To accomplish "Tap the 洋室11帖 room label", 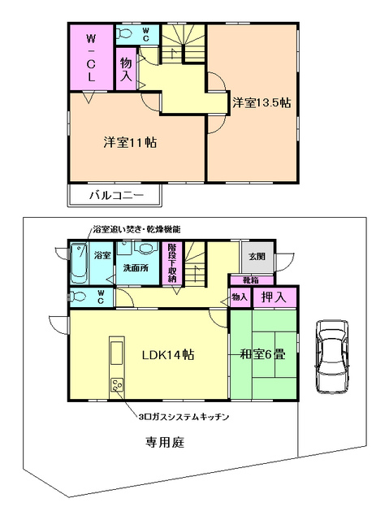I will pyautogui.click(x=130, y=141).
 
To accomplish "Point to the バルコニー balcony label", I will pyautogui.click(x=116, y=196).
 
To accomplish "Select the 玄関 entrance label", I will pyautogui.click(x=257, y=258).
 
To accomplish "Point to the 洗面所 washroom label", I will pyautogui.click(x=134, y=266).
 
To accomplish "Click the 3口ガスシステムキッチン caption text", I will pyautogui.click(x=184, y=416).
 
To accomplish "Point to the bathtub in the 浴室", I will pyautogui.click(x=79, y=262).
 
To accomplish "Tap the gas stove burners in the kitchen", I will pyautogui.click(x=116, y=386).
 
